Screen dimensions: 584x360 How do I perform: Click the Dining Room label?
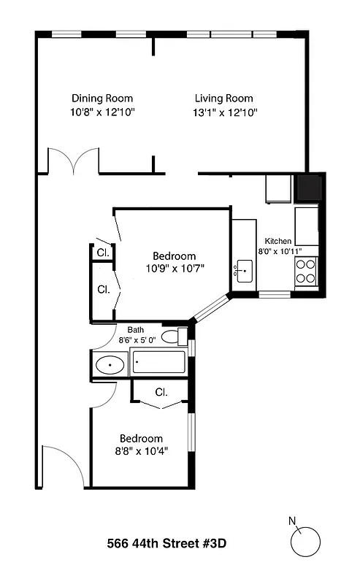[x=102, y=99]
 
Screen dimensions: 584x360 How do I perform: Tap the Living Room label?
[x=223, y=99]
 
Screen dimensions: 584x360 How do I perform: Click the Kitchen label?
[x=278, y=241]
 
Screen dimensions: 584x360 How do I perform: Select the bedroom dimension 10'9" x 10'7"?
[x=174, y=268]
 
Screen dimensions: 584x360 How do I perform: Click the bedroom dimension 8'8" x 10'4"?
[x=141, y=451]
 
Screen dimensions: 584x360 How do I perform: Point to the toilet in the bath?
[x=171, y=337]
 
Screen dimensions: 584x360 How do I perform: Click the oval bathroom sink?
[x=110, y=364]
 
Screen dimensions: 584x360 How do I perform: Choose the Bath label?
[x=136, y=329]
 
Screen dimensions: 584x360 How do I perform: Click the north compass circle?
[x=306, y=542]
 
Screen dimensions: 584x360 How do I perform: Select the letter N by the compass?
[x=293, y=520]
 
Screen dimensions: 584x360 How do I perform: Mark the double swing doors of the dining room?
[x=73, y=161]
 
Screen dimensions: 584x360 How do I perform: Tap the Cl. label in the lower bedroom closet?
[x=161, y=392]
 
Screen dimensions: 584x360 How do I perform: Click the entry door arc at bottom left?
[x=55, y=467]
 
